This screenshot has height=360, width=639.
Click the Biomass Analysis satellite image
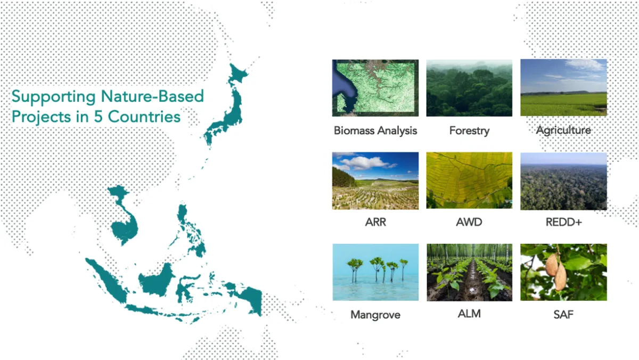pos(375,88)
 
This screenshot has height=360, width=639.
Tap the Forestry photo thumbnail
pos(469,88)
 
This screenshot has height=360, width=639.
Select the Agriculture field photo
pos(563,87)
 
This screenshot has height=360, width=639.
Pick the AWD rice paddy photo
pos(469,181)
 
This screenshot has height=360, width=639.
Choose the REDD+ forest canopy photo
pos(563,181)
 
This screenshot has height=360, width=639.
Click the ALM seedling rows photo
pos(469,273)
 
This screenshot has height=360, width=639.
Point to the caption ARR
pos(375,222)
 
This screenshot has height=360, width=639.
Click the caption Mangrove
pos(375,315)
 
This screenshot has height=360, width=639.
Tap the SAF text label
pos(563,314)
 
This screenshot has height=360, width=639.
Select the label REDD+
pos(564,222)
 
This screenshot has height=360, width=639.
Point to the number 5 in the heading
pos(98,117)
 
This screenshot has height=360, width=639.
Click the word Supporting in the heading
pos(54,97)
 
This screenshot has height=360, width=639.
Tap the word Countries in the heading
pos(144,117)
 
